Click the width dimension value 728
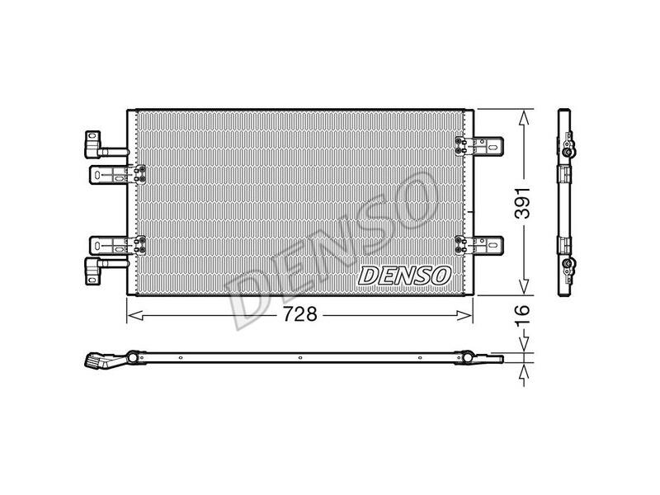click(299, 314)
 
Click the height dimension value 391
click(523, 203)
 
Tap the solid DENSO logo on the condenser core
click(403, 276)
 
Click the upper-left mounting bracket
click(117, 175)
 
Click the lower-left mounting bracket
click(117, 245)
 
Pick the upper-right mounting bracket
click(479, 146)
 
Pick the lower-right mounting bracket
click(479, 245)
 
